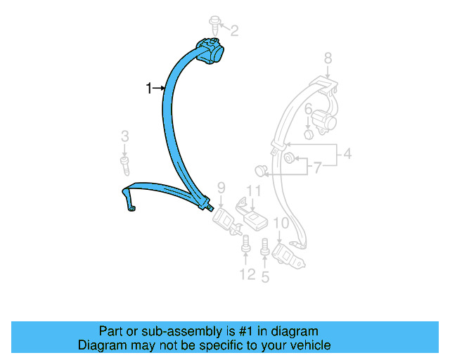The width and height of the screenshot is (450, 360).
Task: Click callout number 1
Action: click(x=149, y=88)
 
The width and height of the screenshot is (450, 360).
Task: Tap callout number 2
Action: click(x=234, y=30)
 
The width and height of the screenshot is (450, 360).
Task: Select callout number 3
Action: click(x=124, y=136)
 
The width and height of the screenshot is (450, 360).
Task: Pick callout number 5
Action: click(x=265, y=276)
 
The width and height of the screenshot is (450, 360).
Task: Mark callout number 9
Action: click(x=221, y=187)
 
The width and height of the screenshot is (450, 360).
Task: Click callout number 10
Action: click(x=281, y=224)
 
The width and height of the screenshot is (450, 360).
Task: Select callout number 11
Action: click(x=253, y=190)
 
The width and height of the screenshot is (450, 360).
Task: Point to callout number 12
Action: click(x=246, y=274)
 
